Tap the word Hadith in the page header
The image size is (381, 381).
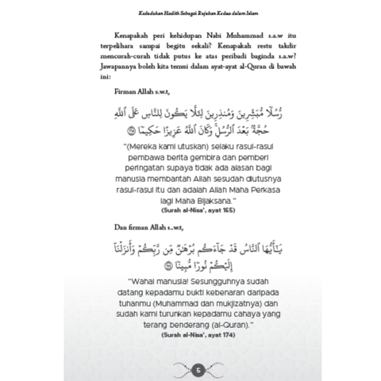[158, 10]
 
